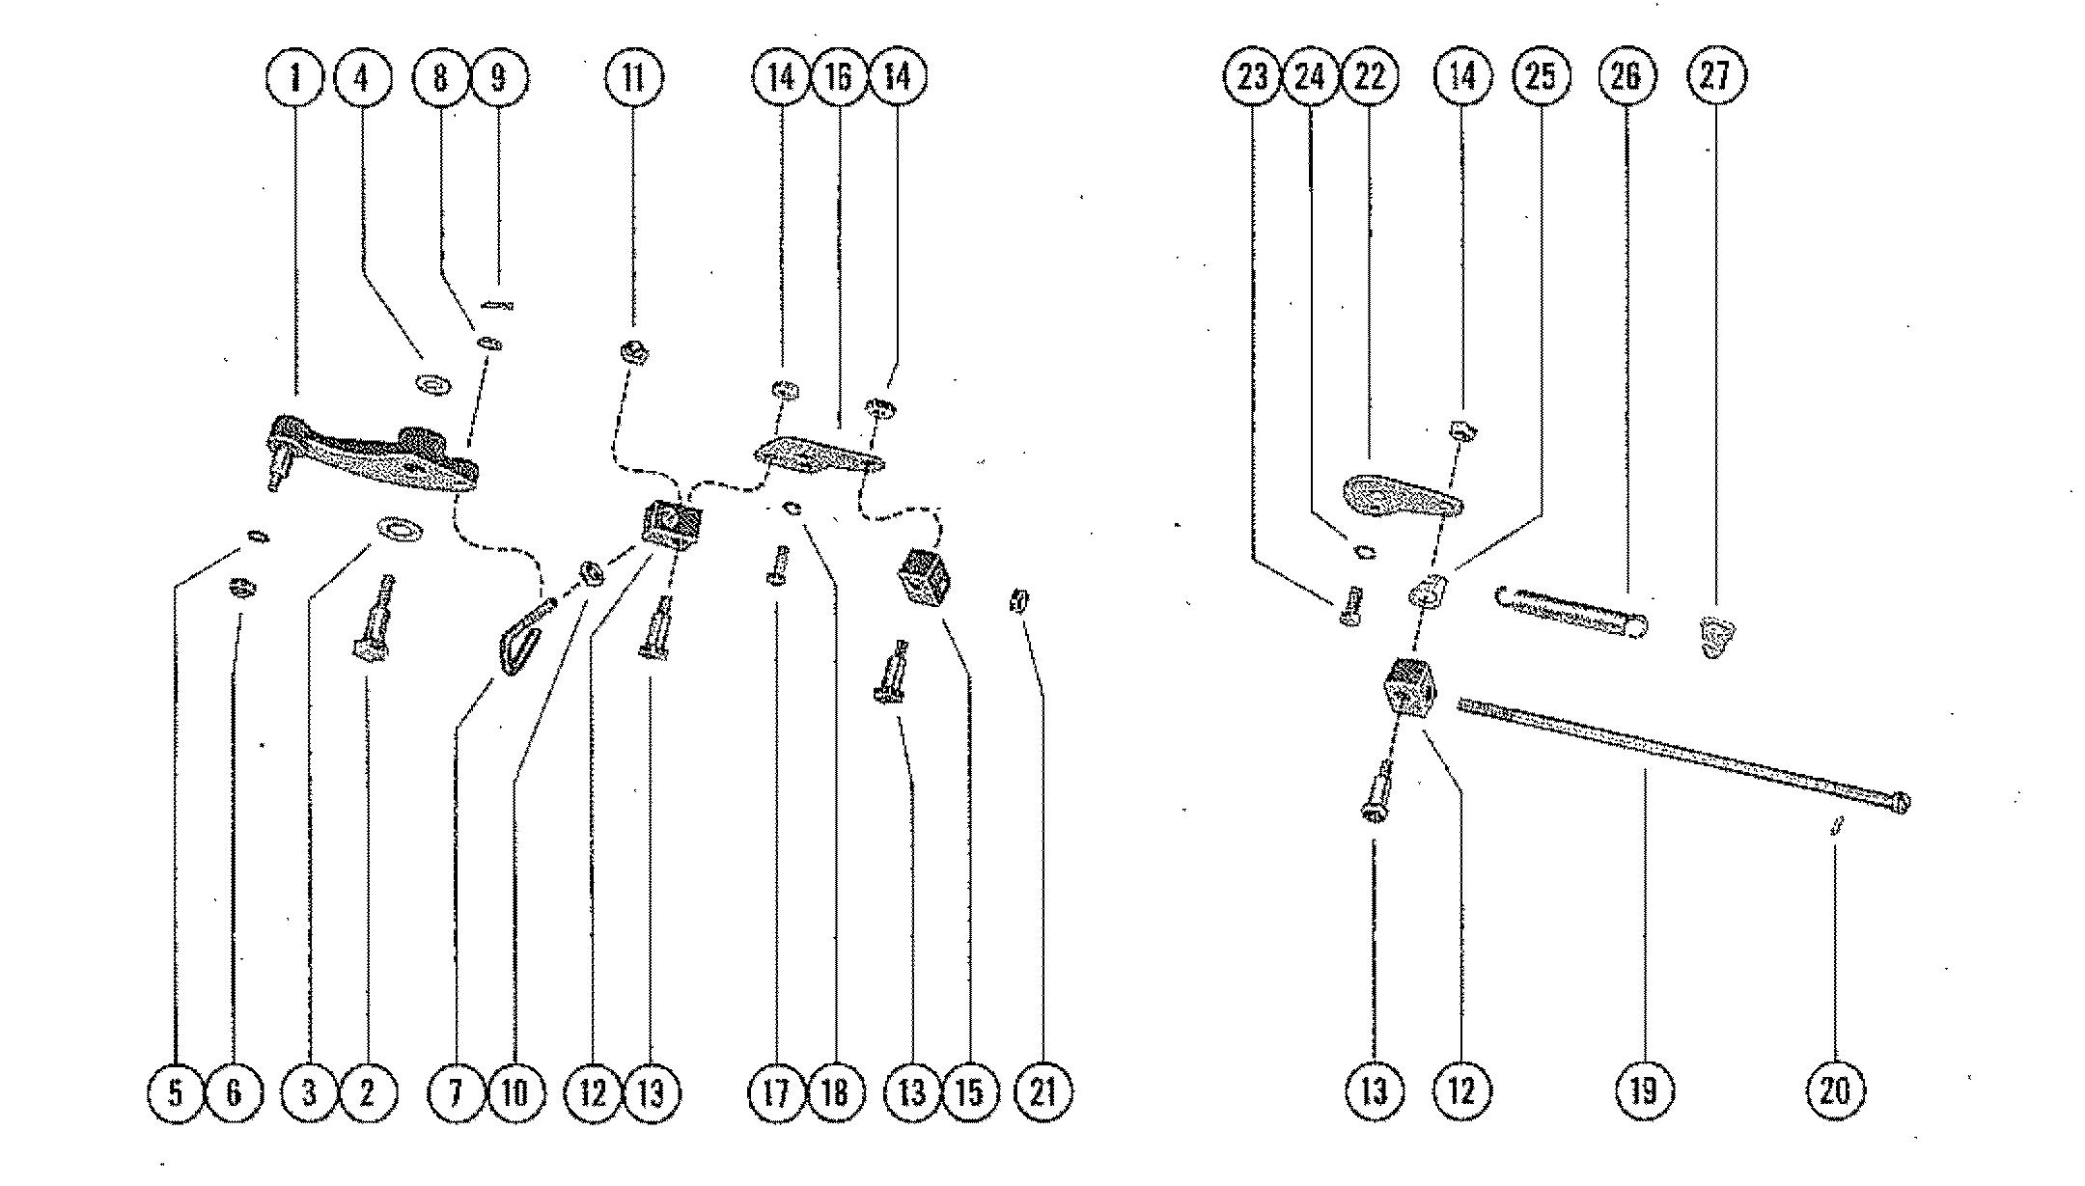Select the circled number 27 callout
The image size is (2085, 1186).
(1715, 76)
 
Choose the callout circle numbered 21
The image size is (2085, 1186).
(1044, 1091)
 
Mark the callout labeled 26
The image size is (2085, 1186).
(1626, 76)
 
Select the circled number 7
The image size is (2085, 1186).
(456, 1092)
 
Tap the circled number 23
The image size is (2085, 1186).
(1252, 76)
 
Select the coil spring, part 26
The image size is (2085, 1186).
(1571, 613)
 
